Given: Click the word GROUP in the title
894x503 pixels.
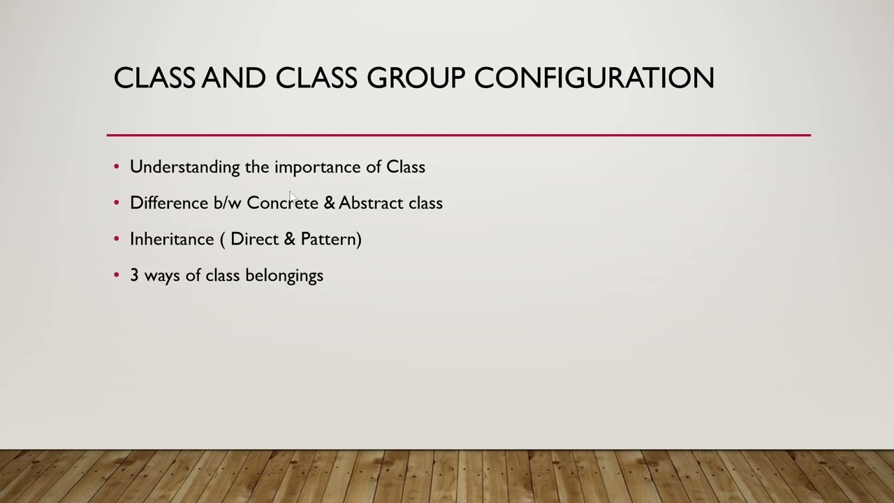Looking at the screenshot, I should click(x=416, y=78).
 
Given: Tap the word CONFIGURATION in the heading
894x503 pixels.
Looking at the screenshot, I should click(x=594, y=78).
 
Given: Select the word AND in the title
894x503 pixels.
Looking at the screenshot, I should click(x=233, y=78).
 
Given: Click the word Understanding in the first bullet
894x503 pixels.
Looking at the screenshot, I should click(x=185, y=167).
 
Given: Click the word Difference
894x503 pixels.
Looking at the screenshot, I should click(x=169, y=203).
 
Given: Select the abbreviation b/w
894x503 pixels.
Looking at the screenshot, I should click(x=227, y=203).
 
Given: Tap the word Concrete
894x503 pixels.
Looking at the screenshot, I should click(x=282, y=203).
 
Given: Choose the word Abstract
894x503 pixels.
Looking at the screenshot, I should click(x=371, y=203).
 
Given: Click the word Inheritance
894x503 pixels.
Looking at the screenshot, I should click(x=172, y=239).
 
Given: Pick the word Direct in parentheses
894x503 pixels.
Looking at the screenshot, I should click(x=254, y=239).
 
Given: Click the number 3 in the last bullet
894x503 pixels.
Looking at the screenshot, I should click(x=134, y=275).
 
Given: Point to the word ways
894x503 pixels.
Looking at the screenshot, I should click(x=162, y=276).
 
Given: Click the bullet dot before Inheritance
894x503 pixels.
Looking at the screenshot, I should click(x=117, y=239).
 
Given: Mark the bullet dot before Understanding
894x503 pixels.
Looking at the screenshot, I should click(x=117, y=167).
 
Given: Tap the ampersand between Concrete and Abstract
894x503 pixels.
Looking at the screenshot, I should click(x=329, y=203).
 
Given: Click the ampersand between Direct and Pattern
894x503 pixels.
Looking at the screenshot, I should click(x=290, y=239).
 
